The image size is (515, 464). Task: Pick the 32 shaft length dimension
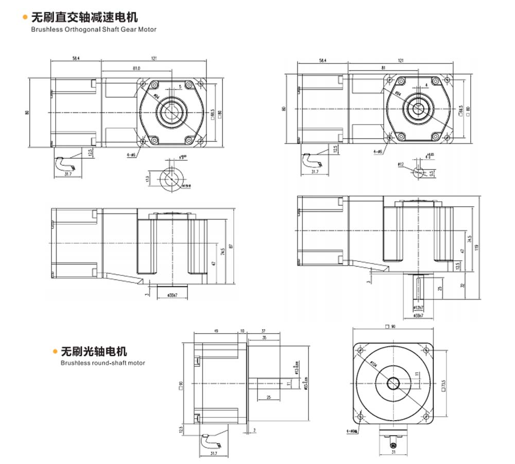pyautogui.click(x=462, y=284)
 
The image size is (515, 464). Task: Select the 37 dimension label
pyautogui.click(x=263, y=332)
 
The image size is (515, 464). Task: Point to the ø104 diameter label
pyautogui.click(x=373, y=364)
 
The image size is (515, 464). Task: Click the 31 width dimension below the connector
pyautogui.click(x=393, y=454)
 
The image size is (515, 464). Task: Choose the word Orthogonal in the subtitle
pyautogui.click(x=81, y=29)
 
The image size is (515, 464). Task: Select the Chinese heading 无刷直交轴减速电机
pyautogui.click(x=84, y=18)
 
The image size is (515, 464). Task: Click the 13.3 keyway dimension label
pyautogui.click(x=147, y=178)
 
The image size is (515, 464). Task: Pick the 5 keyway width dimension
pyautogui.click(x=180, y=86)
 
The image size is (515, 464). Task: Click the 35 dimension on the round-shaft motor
pyautogui.click(x=264, y=338)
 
